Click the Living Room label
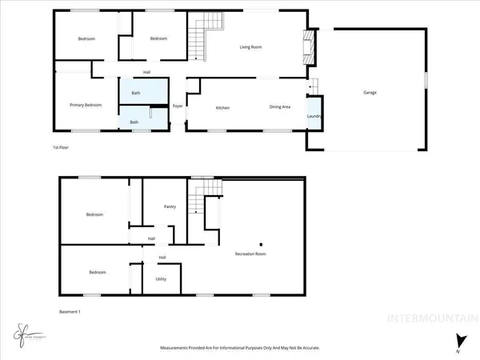pos(251,47)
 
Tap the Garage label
pos(370,93)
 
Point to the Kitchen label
pos(223,107)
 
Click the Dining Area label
pos(279,107)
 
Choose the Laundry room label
pos(314,116)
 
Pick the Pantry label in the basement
pos(170,206)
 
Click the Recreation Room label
pos(250,254)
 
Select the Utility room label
pos(160,279)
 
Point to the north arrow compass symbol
pos(458,341)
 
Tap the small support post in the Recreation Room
pos(259,243)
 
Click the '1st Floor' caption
pos(61,148)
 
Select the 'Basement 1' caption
pos(70,311)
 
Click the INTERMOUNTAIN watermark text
pos(431,322)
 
